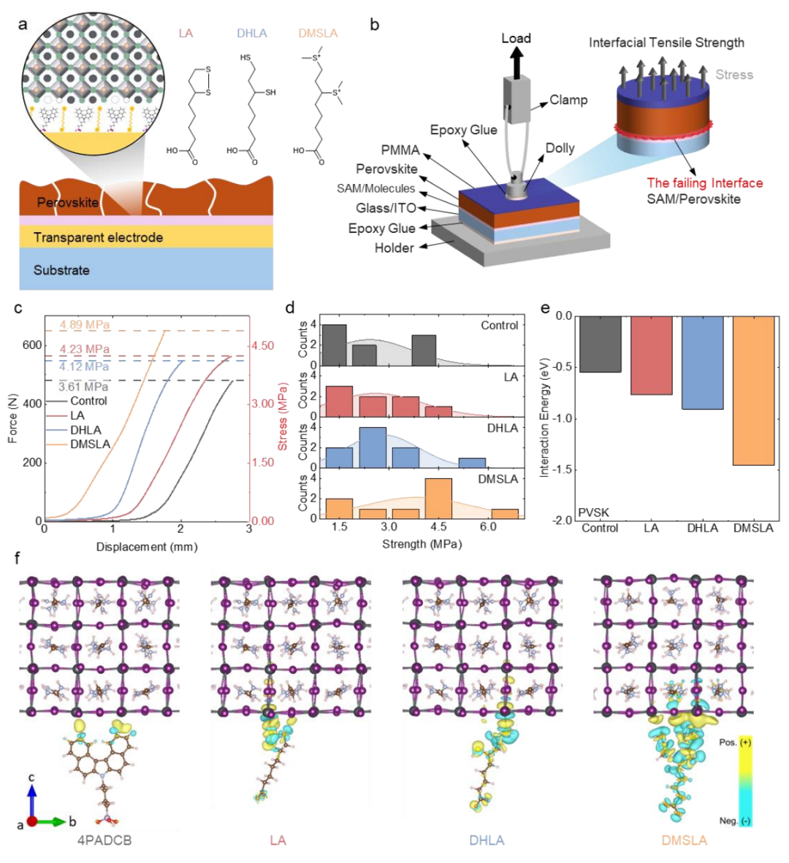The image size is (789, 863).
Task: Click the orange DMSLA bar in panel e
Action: click(753, 391)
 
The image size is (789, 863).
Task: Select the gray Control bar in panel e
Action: click(599, 344)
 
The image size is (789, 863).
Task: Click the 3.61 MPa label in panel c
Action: click(83, 387)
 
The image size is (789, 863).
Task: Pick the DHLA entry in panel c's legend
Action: click(85, 430)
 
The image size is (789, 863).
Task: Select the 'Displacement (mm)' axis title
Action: click(146, 547)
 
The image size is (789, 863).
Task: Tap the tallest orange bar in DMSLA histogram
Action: click(438, 497)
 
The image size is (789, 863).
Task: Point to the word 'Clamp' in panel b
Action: click(568, 100)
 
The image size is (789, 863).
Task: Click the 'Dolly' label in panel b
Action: click(560, 148)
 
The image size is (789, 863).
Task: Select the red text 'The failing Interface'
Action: click(704, 183)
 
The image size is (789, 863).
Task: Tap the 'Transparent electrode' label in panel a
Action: click(98, 237)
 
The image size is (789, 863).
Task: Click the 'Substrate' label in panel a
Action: click(61, 270)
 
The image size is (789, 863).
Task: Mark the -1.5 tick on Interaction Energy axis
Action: click(563, 469)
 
